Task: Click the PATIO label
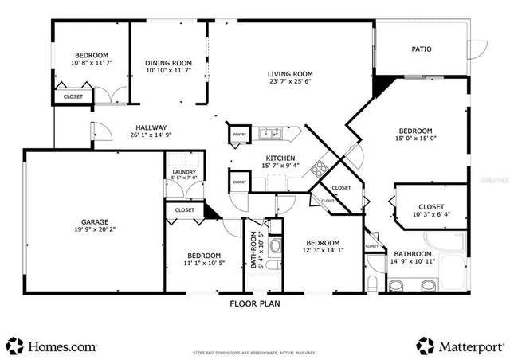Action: click(422, 49)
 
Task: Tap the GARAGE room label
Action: click(94, 221)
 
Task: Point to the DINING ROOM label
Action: click(169, 63)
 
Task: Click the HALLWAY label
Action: click(151, 127)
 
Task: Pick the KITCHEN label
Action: click(280, 158)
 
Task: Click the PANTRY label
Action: click(238, 135)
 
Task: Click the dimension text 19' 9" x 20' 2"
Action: click(94, 230)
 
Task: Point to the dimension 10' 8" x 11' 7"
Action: click(92, 62)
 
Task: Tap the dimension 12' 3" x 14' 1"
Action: click(323, 252)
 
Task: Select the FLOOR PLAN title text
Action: click(255, 303)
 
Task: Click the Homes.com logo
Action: click(53, 346)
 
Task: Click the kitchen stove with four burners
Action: click(320, 168)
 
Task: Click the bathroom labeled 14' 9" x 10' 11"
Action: click(413, 255)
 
